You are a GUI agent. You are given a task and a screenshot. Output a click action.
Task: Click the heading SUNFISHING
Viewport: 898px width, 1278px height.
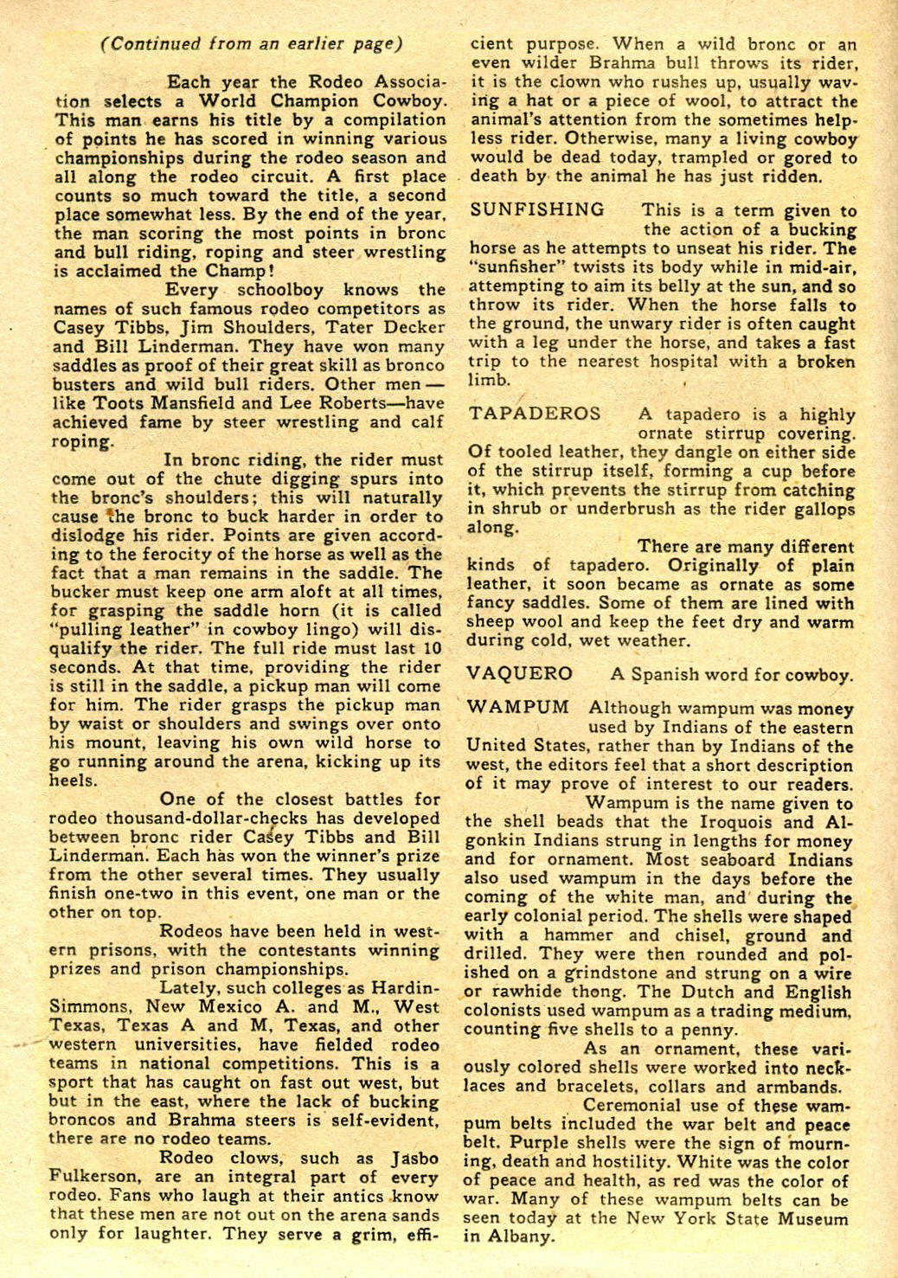point(537,209)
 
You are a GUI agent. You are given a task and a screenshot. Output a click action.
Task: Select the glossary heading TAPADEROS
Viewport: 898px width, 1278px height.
point(535,414)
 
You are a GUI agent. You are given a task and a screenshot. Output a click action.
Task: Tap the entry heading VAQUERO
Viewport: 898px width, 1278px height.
point(520,674)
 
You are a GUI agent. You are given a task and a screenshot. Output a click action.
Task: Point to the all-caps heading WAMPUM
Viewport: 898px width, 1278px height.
point(518,708)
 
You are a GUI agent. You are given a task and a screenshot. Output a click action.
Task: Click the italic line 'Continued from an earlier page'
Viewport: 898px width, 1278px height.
point(251,44)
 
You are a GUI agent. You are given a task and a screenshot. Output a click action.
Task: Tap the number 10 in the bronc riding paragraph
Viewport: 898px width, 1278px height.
point(434,649)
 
